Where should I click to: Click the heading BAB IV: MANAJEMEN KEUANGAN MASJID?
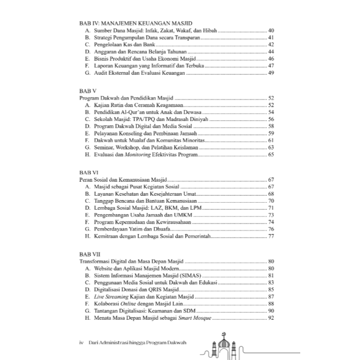click(x=129, y=23)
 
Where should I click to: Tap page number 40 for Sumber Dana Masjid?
click(x=271, y=30)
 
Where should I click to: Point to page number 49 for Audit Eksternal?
click(x=271, y=73)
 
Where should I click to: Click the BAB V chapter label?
click(x=88, y=91)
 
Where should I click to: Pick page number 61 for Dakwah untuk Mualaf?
click(x=271, y=141)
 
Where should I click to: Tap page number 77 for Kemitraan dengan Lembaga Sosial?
click(x=271, y=237)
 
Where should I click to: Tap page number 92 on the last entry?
click(x=271, y=318)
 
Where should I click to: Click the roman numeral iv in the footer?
click(x=82, y=343)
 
